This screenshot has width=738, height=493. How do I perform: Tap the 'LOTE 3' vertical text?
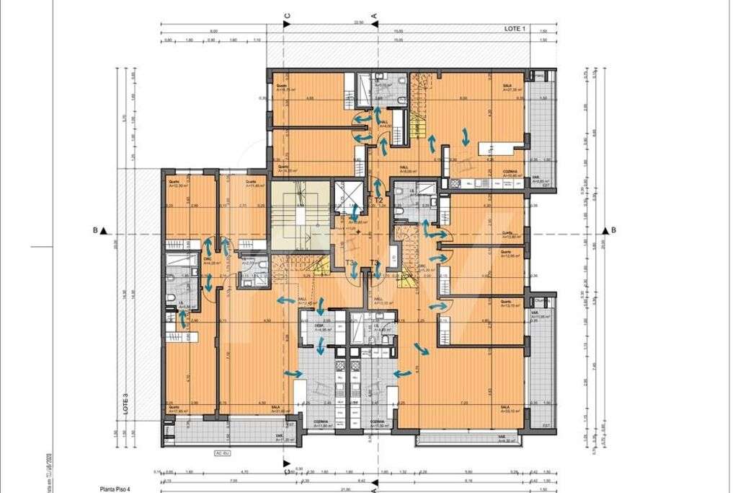pyautogui.click(x=125, y=403)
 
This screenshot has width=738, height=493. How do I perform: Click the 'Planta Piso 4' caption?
pyautogui.click(x=118, y=489)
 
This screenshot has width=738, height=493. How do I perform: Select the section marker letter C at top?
pyautogui.click(x=288, y=15)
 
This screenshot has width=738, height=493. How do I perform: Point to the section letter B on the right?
pyautogui.click(x=613, y=230)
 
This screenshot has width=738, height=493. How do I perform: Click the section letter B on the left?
pyautogui.click(x=95, y=231)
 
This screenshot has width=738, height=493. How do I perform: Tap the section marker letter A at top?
pyautogui.click(x=374, y=15)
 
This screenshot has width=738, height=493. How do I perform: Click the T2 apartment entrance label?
pyautogui.click(x=378, y=200)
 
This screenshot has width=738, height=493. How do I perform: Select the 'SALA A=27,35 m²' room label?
pyautogui.click(x=512, y=88)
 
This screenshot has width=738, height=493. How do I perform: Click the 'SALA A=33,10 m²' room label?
pyautogui.click(x=511, y=409)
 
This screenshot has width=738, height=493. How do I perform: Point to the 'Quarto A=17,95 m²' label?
pyautogui.click(x=178, y=409)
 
